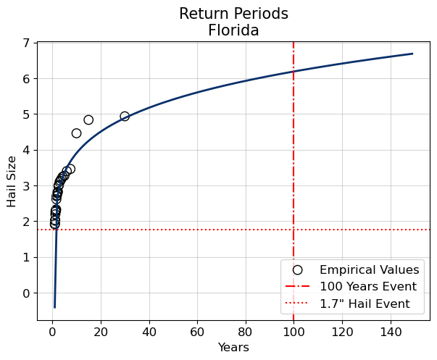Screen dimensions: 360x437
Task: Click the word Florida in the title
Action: tap(233, 30)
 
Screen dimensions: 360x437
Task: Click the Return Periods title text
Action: tap(233, 14)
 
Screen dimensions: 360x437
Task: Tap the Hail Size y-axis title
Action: tap(12, 181)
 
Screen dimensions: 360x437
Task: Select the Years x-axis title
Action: tap(233, 348)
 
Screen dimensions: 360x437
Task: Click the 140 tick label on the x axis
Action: tap(391, 331)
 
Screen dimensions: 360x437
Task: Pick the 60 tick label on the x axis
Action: tap(197, 331)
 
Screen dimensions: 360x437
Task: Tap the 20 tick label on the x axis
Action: tap(101, 331)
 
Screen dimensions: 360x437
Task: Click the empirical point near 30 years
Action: tap(125, 116)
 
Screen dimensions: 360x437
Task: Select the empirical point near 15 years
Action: tap(88, 120)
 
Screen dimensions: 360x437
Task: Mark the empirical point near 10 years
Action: tap(76, 133)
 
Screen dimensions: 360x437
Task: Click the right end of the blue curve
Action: tap(412, 54)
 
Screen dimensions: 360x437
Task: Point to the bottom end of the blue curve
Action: tap(54, 307)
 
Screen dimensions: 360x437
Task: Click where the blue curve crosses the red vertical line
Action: tap(294, 71)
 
